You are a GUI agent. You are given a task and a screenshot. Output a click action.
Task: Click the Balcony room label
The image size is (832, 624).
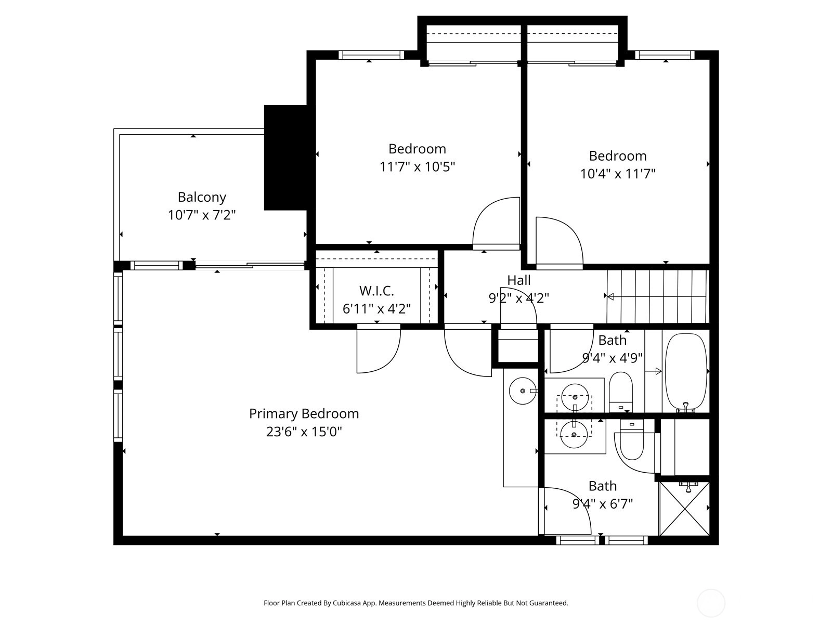(202, 197)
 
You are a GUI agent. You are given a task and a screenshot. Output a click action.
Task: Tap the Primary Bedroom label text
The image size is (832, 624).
(304, 414)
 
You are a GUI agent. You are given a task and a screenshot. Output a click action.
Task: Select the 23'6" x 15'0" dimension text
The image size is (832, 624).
(304, 432)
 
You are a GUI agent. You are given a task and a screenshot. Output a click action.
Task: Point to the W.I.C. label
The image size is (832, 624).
(376, 291)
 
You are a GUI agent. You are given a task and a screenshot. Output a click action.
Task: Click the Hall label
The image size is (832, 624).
(518, 280)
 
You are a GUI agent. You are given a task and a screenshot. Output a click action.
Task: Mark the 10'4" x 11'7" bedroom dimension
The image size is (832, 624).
(617, 174)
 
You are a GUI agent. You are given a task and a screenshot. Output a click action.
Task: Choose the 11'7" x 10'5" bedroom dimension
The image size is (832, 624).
(417, 167)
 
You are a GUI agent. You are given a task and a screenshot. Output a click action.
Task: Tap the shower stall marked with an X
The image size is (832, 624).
(684, 509)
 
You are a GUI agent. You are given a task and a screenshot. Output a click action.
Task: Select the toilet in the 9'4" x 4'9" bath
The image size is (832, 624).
(620, 392)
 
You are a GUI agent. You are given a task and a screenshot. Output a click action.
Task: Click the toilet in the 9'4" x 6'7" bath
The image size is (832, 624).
(632, 439)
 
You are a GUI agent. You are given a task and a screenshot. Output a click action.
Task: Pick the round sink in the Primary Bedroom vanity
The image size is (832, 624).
(522, 391)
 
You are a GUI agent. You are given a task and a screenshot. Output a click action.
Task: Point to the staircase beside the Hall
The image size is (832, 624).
(658, 296)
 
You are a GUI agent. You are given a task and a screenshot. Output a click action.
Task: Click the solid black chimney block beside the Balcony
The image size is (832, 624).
(285, 158)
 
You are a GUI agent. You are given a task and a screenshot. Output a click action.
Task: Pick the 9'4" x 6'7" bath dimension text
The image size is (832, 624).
(602, 504)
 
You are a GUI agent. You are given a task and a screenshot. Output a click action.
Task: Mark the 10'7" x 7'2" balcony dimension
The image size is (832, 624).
(202, 215)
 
